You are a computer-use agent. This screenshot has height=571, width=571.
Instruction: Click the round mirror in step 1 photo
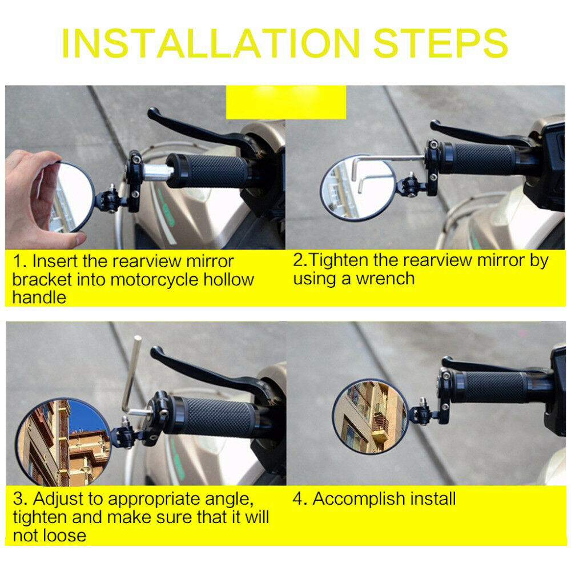pyautogui.click(x=73, y=197)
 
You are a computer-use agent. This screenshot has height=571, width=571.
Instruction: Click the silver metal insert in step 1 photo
pyautogui.click(x=158, y=172)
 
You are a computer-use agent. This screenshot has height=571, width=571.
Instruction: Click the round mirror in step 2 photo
pyautogui.click(x=357, y=188)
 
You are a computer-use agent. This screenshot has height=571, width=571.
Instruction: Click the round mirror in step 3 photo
pyautogui.click(x=63, y=442)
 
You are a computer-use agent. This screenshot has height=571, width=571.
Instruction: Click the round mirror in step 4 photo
pyautogui.click(x=371, y=416)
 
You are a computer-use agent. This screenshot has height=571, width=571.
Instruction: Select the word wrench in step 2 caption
pyautogui.click(x=385, y=279)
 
